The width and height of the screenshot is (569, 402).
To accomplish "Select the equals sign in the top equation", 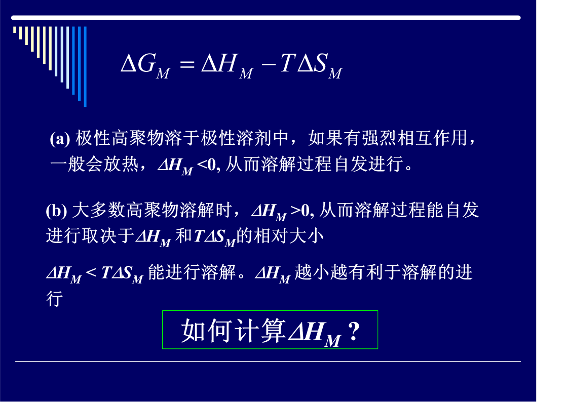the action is click(x=187, y=64).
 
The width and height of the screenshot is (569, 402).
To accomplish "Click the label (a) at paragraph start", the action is click(x=60, y=138).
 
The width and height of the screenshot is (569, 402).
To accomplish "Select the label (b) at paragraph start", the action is click(x=56, y=211).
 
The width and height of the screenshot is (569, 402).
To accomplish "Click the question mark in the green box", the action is click(x=354, y=331).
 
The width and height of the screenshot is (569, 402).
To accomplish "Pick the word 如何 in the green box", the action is click(x=207, y=331).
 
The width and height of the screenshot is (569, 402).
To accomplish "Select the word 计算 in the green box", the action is click(x=260, y=331).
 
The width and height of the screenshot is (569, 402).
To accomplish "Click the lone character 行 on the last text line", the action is click(x=54, y=299).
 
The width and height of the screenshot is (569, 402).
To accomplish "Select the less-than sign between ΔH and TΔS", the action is click(x=91, y=272).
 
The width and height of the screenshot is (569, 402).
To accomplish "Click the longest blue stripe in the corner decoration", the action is click(x=85, y=67).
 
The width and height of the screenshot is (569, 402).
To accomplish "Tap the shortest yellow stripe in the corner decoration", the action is click(x=15, y=30).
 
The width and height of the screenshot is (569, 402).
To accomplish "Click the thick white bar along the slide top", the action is click(x=266, y=18).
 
